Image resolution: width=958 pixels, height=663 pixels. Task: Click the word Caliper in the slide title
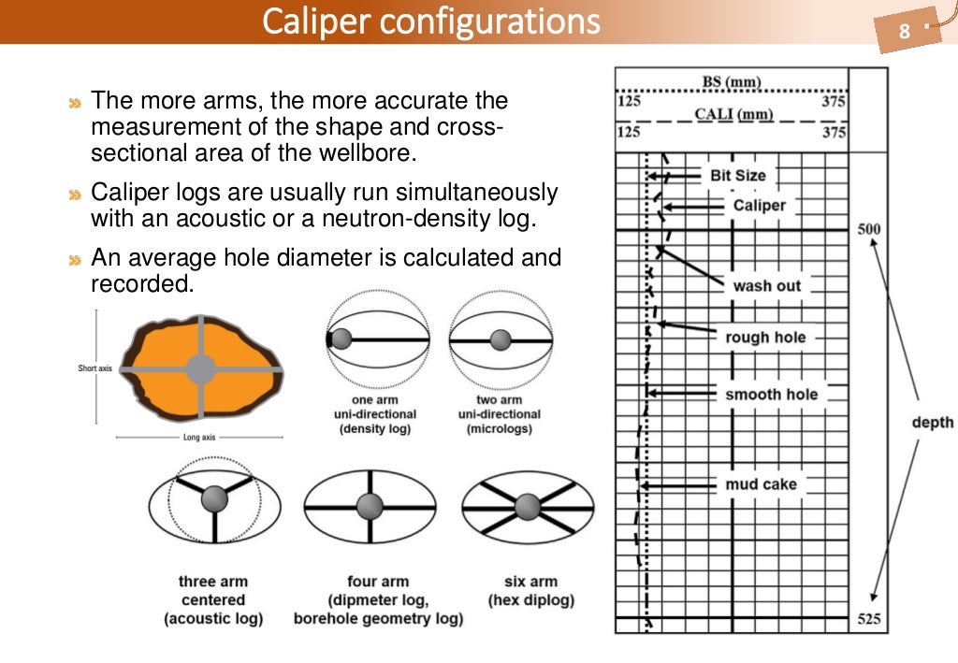click(318, 21)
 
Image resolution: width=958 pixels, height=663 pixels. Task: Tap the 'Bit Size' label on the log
click(737, 175)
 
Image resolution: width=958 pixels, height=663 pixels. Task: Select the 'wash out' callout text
click(766, 286)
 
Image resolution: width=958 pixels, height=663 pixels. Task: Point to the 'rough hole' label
click(765, 338)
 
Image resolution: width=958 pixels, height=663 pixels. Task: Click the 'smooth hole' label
click(771, 395)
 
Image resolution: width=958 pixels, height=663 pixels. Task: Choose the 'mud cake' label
click(761, 484)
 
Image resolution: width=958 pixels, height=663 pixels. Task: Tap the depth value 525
click(868, 619)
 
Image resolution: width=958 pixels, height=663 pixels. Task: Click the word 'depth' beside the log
click(932, 423)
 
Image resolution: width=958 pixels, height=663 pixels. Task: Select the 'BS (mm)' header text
click(732, 82)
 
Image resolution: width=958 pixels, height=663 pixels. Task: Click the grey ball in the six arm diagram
click(528, 507)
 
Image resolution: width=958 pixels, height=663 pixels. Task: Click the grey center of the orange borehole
click(200, 368)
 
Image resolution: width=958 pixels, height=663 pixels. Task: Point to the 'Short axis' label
click(94, 368)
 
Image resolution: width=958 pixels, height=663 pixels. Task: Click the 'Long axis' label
click(199, 437)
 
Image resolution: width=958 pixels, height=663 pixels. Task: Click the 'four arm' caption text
click(378, 582)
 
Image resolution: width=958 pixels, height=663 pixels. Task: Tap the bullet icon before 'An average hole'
click(75, 259)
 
